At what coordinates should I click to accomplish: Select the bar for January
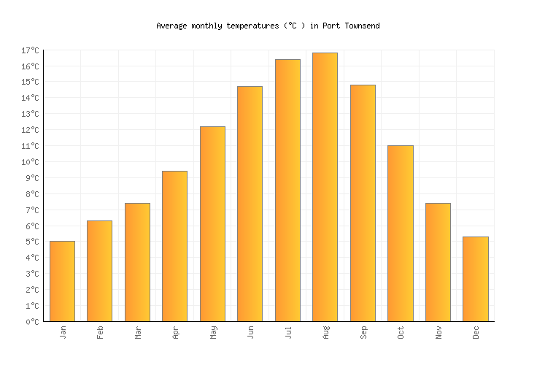62,281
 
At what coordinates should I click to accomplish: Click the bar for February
99,271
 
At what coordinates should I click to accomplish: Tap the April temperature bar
174,246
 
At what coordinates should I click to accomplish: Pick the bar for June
250,204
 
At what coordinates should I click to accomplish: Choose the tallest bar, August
325,187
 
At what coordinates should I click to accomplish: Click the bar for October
400,234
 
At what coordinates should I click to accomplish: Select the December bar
475,279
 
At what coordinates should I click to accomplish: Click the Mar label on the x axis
138,332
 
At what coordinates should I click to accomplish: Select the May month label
213,332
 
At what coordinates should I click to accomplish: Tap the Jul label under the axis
288,332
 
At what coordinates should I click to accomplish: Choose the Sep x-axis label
363,332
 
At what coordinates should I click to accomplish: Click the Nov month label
439,332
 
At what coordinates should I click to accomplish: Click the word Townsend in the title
360,26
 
